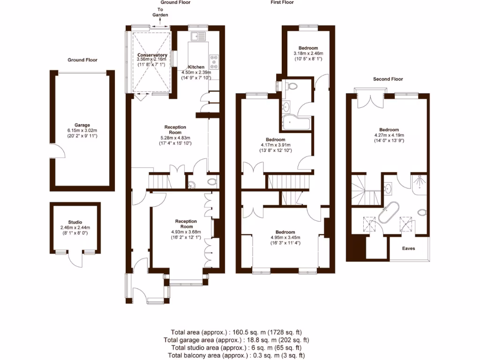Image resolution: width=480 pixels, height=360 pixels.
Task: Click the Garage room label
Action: point(82,125)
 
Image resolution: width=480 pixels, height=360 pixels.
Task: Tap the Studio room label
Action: point(75,222)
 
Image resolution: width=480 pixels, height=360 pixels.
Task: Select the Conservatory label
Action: point(152,55)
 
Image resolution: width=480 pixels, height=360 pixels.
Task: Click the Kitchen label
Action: point(196,67)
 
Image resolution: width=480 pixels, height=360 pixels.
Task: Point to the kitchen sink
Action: point(199,35)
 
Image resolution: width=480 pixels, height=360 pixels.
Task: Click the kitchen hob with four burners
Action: point(215,60)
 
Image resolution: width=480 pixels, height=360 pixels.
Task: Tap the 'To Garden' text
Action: point(160,12)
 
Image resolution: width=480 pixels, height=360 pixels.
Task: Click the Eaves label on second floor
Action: point(408,248)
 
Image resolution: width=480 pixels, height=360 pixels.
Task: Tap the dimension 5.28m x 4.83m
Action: point(175,137)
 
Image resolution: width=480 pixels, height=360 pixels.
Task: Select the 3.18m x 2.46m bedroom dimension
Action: point(308,53)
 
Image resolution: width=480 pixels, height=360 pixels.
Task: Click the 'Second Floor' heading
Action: point(388,79)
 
